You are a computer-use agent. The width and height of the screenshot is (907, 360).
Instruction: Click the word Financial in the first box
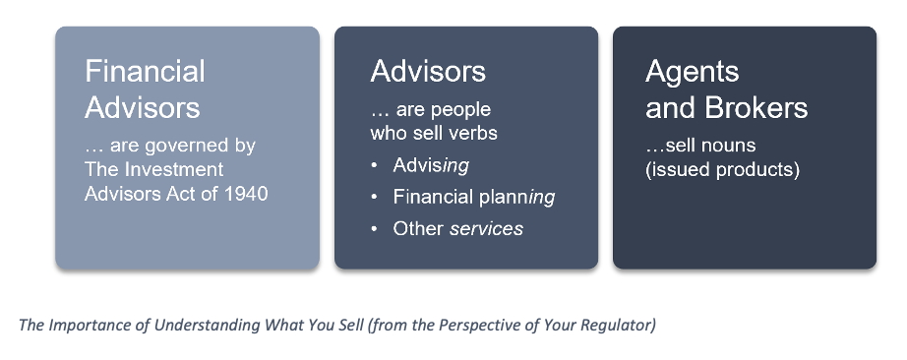[145, 71]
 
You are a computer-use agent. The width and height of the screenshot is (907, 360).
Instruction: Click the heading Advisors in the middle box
[428, 71]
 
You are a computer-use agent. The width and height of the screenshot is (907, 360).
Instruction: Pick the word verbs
[474, 133]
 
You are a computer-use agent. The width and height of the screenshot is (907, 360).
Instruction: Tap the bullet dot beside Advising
[374, 165]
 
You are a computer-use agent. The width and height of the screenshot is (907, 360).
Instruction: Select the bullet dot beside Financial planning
[374, 198]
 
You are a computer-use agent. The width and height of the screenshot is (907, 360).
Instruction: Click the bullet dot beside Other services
[374, 228]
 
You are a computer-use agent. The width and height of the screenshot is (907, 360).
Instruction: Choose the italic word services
[487, 228]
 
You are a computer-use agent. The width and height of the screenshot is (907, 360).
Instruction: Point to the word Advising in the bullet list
[431, 166]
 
